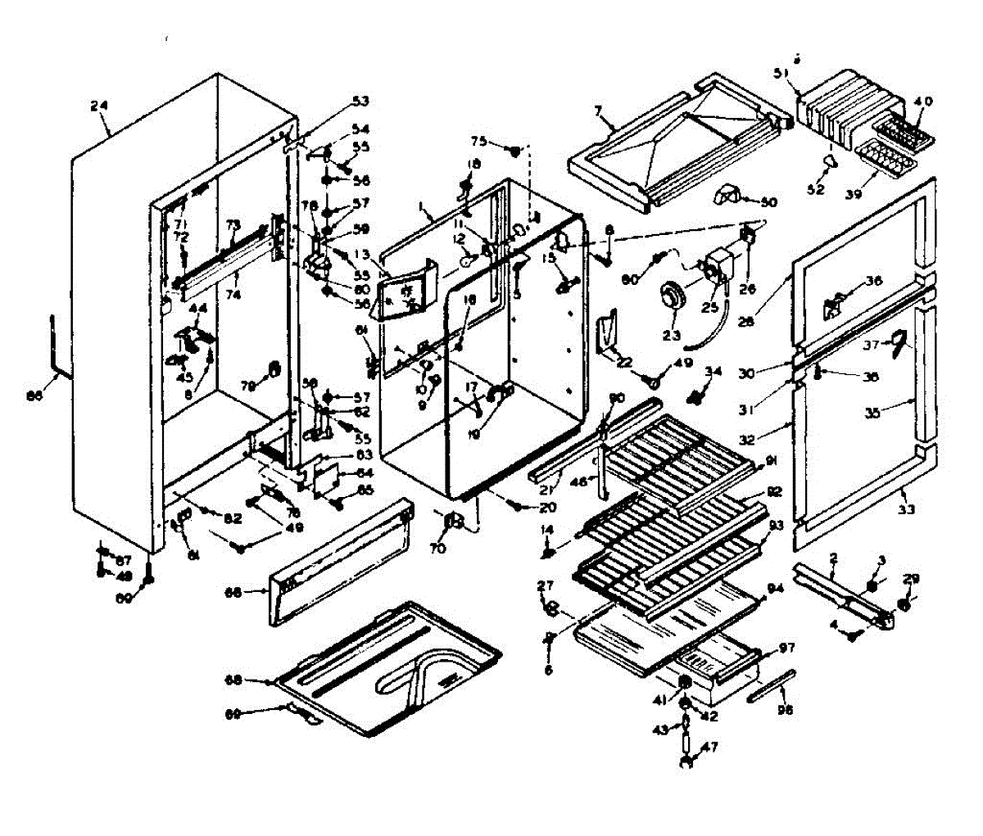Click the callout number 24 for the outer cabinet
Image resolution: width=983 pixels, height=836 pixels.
point(99,106)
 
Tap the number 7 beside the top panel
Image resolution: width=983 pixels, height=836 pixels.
point(598,110)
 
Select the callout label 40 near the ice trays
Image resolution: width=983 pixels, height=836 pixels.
point(923,102)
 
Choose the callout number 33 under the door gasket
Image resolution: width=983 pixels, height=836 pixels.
point(905,508)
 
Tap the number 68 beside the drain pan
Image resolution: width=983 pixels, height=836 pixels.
point(234,679)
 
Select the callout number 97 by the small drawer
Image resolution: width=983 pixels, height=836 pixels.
point(786,648)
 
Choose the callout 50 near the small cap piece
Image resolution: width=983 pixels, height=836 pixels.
point(768,201)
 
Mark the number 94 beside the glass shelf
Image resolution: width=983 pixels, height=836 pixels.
point(775,588)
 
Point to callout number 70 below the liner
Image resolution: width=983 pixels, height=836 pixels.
point(437,549)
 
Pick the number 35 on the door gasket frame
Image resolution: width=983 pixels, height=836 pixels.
point(873,413)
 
